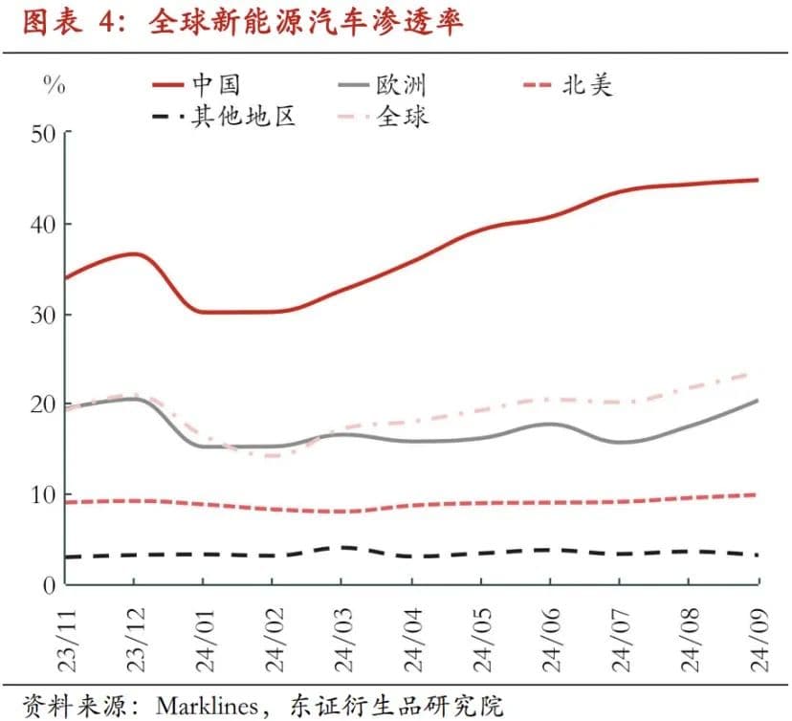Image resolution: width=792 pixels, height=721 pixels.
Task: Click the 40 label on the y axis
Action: [x=42, y=224]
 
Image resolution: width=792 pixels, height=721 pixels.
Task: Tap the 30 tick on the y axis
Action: [x=42, y=315]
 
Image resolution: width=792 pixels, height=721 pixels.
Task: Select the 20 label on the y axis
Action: [x=42, y=404]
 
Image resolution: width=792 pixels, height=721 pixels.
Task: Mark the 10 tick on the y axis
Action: [x=42, y=495]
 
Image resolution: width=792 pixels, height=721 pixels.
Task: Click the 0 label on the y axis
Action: [x=49, y=585]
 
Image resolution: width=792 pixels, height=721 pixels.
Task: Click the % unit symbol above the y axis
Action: [x=55, y=86]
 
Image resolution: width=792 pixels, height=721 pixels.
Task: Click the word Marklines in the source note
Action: [x=207, y=707]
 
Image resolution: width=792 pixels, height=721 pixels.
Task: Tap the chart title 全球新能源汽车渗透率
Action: [x=305, y=24]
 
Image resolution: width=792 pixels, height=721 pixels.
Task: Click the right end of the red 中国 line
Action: [x=757, y=180]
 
